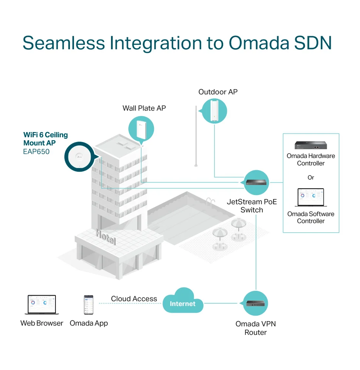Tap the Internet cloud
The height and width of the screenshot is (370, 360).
183,301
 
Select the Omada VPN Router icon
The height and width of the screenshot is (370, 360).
255,303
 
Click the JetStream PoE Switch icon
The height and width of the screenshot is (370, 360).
256,182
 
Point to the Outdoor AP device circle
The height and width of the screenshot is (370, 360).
214,111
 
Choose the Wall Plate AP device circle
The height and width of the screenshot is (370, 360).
141,129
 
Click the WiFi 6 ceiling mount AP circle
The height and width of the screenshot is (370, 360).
80,157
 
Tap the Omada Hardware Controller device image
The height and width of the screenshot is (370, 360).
311,145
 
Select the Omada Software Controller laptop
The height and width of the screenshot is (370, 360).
311,197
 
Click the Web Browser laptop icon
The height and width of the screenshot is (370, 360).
42,305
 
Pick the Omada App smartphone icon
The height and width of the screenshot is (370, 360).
89,305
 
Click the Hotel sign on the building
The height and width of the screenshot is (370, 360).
106,237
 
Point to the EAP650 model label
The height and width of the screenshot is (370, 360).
36,151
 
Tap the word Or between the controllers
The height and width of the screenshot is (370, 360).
311,177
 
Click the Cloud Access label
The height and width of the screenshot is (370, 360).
134,299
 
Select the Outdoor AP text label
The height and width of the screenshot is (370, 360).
218,92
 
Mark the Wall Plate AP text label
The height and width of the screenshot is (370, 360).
144,108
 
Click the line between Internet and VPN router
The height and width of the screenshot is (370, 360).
221,303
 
